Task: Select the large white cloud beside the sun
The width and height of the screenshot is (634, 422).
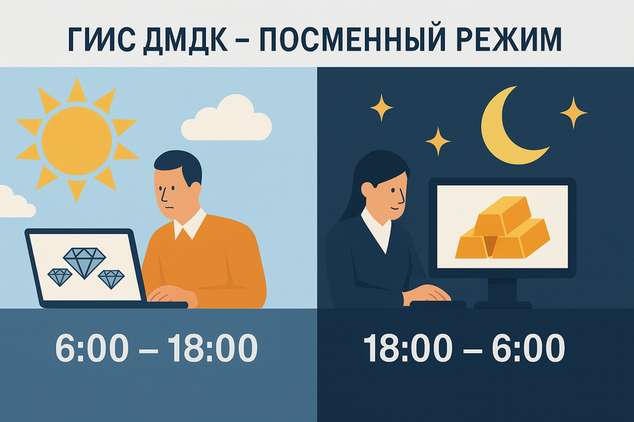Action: click(x=231, y=119)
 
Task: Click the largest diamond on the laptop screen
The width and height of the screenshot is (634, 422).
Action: click(x=81, y=261)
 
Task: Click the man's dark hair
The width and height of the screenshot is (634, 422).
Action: click(x=178, y=165)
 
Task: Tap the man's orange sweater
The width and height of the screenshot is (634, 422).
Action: click(x=223, y=261)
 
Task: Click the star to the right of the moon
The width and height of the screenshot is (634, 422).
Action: click(x=573, y=112)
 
